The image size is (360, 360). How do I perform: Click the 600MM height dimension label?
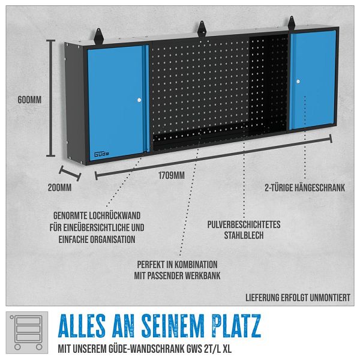[29, 100]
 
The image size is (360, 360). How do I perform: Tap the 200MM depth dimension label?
[59, 188]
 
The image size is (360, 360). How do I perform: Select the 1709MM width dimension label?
[172, 176]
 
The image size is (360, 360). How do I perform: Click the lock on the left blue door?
[139, 100]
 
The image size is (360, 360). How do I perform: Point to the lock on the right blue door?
[298, 82]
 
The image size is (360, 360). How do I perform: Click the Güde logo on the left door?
[101, 154]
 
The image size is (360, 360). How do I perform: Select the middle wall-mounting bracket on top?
[202, 28]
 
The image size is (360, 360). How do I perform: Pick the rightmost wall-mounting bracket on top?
[292, 22]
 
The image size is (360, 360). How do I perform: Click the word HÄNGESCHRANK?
[320, 188]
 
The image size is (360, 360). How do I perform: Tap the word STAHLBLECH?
[244, 235]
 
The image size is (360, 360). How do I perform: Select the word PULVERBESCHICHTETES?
[244, 224]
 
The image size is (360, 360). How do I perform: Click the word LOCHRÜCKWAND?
[115, 215]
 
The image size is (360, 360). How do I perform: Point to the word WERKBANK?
[203, 275]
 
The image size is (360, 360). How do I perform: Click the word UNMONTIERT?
[330, 298]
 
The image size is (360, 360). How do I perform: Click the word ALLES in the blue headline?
[82, 326]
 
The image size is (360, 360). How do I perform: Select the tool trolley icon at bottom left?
[27, 332]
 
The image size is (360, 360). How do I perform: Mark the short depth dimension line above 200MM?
[70, 173]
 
